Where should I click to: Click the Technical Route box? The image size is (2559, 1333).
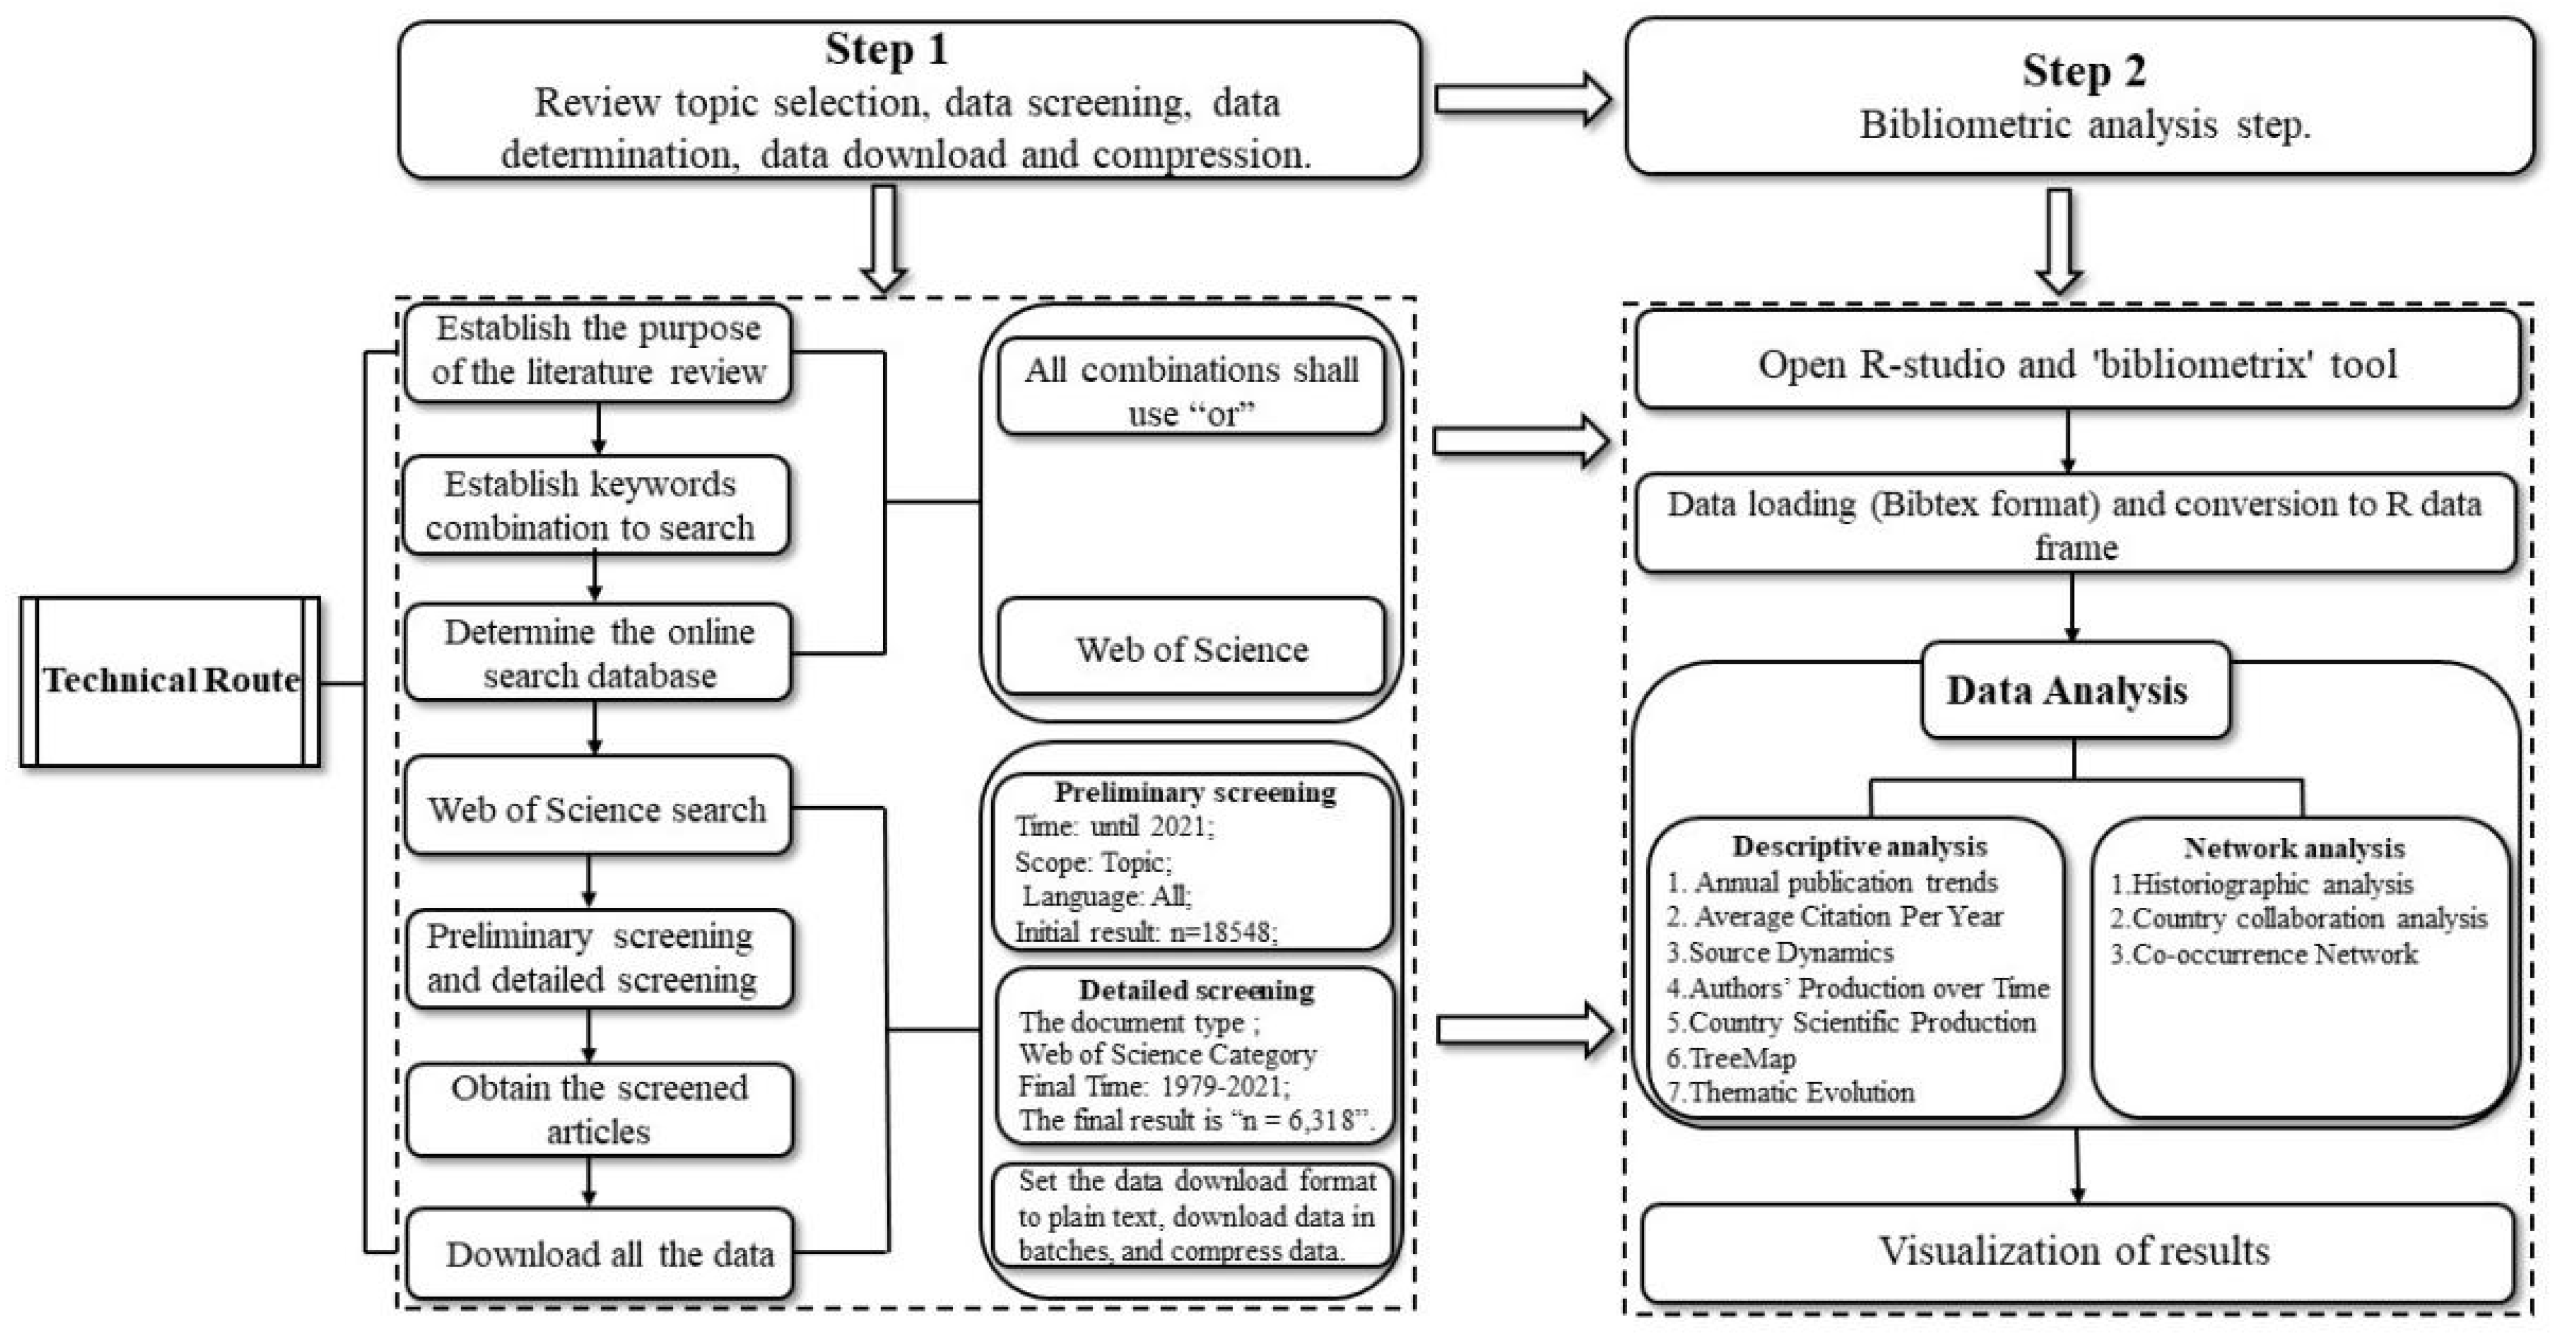[170, 681]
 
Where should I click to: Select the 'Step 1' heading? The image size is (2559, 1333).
[886, 50]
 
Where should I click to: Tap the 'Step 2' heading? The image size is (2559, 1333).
[2083, 71]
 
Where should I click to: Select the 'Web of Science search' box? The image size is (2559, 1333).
[597, 807]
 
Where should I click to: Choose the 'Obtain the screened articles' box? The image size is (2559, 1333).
[599, 1109]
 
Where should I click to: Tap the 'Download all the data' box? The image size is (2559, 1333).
[599, 1253]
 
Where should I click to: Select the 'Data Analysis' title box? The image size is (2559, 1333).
[2075, 690]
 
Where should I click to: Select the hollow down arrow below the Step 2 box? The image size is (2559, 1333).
[2060, 240]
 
